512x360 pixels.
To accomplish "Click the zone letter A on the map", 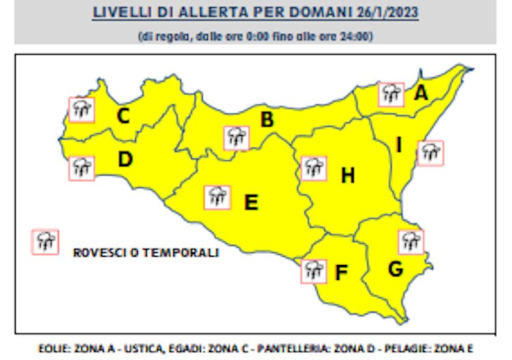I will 421,93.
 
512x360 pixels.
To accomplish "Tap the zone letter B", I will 267,120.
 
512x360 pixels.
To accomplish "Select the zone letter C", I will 123,116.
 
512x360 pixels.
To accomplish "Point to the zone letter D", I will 124,160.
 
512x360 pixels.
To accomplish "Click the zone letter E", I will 251,202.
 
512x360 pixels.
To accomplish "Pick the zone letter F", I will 341,273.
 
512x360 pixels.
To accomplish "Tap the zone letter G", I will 395,269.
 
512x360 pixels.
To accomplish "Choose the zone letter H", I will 347,176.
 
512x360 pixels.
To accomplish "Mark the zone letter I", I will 399,145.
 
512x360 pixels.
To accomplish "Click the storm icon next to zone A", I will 391,94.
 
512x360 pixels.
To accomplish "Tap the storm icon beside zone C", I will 82,109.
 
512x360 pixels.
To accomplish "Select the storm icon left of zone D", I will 81,167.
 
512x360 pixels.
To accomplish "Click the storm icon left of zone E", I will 218,197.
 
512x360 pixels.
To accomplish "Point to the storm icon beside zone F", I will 313,271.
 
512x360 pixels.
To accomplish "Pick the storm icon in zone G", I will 410,241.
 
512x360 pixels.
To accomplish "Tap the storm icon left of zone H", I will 313,167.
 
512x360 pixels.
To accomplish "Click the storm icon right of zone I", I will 430,152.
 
